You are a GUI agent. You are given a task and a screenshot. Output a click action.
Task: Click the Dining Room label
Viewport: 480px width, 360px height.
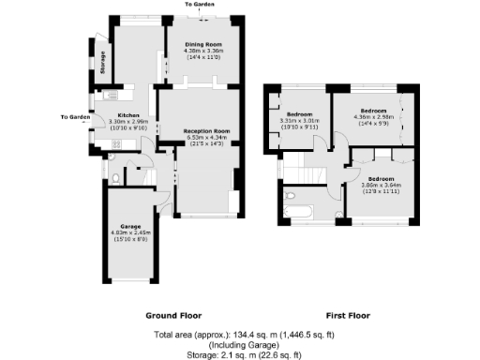point(202,43)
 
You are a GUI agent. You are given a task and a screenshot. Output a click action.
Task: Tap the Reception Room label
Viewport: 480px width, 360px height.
point(206,130)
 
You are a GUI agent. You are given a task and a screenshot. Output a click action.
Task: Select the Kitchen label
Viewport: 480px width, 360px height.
point(127,114)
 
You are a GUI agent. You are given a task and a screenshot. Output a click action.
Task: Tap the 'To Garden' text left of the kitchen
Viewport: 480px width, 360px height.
point(76,117)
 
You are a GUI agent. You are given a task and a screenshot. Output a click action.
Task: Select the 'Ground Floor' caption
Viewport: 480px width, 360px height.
point(174,316)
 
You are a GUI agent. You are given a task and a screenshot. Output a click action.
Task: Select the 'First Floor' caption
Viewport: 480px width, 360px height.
point(346,316)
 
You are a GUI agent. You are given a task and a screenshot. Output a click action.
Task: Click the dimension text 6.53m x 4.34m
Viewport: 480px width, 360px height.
point(206,138)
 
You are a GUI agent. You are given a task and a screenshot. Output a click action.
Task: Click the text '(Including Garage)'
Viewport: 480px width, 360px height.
point(241,344)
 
